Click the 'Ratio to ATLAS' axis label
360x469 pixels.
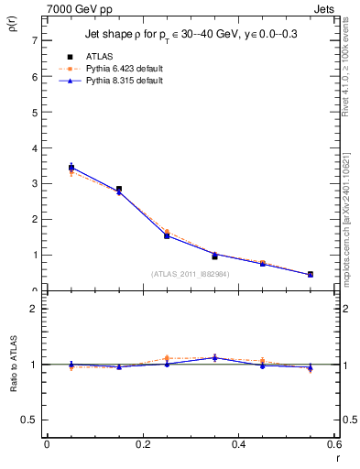coord(13,364)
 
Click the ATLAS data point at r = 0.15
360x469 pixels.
coord(119,189)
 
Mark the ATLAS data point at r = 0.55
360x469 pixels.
coord(311,274)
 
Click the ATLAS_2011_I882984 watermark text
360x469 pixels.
coord(191,274)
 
